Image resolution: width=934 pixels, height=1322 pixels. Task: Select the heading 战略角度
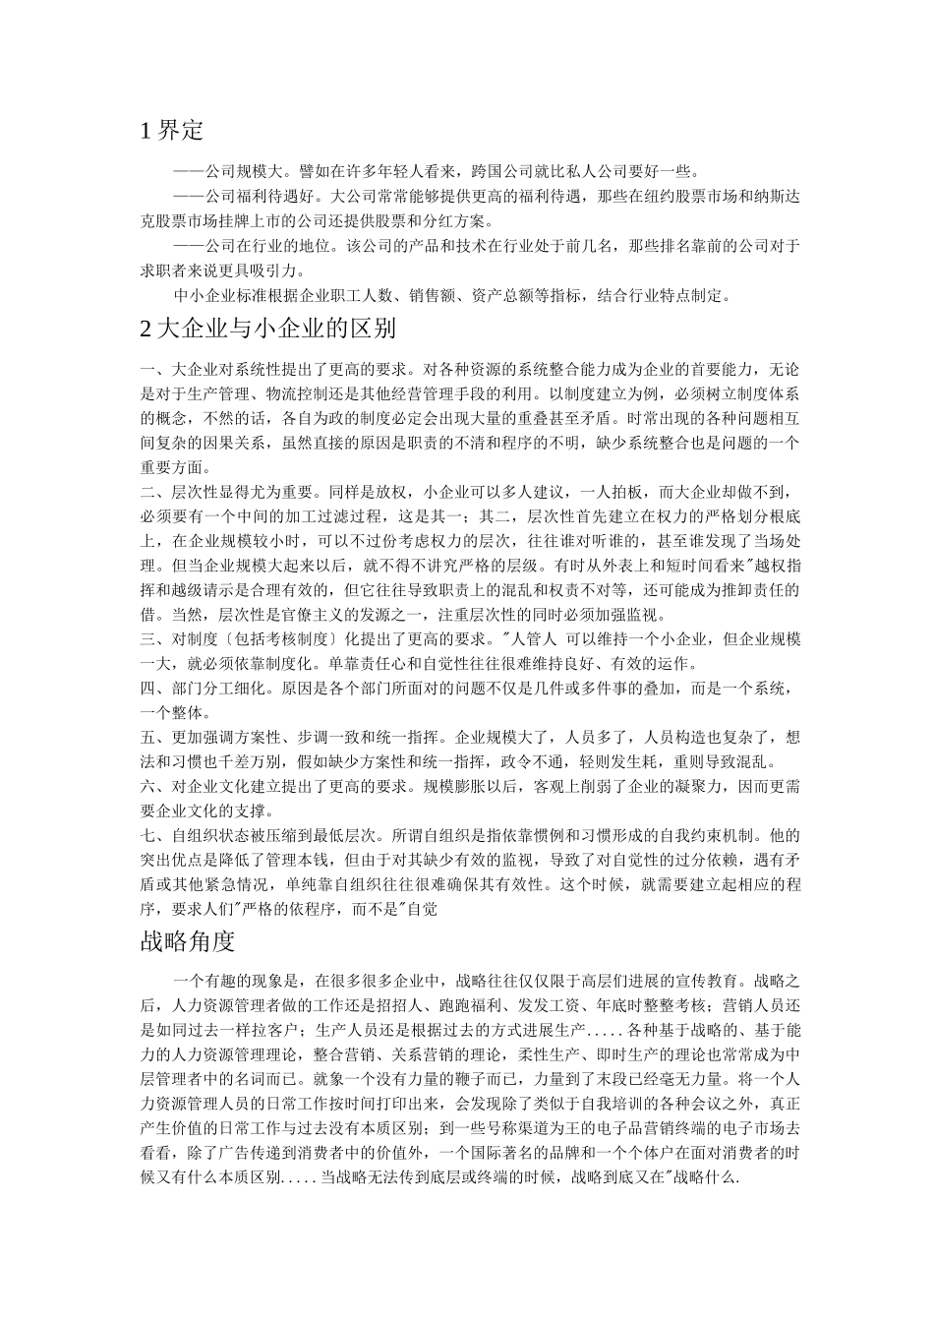pyautogui.click(x=188, y=941)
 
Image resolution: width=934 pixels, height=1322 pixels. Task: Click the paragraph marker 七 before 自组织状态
pyautogui.click(x=147, y=836)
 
